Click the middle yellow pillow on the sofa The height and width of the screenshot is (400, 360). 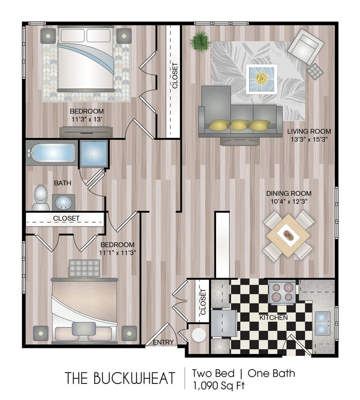(x=240, y=125)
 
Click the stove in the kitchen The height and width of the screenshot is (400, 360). (x=282, y=291)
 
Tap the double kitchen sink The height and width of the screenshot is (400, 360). (x=323, y=323)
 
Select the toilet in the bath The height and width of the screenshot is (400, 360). (x=41, y=197)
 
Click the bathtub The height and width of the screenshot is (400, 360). (x=51, y=153)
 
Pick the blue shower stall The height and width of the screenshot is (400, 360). (x=93, y=153)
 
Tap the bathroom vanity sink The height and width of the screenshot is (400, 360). (x=63, y=202)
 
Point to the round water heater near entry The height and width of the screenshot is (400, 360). (x=198, y=335)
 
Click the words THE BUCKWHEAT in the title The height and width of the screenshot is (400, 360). (x=119, y=378)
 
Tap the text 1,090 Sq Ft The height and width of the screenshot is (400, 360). (x=218, y=385)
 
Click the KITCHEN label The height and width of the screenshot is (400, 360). (x=273, y=317)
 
